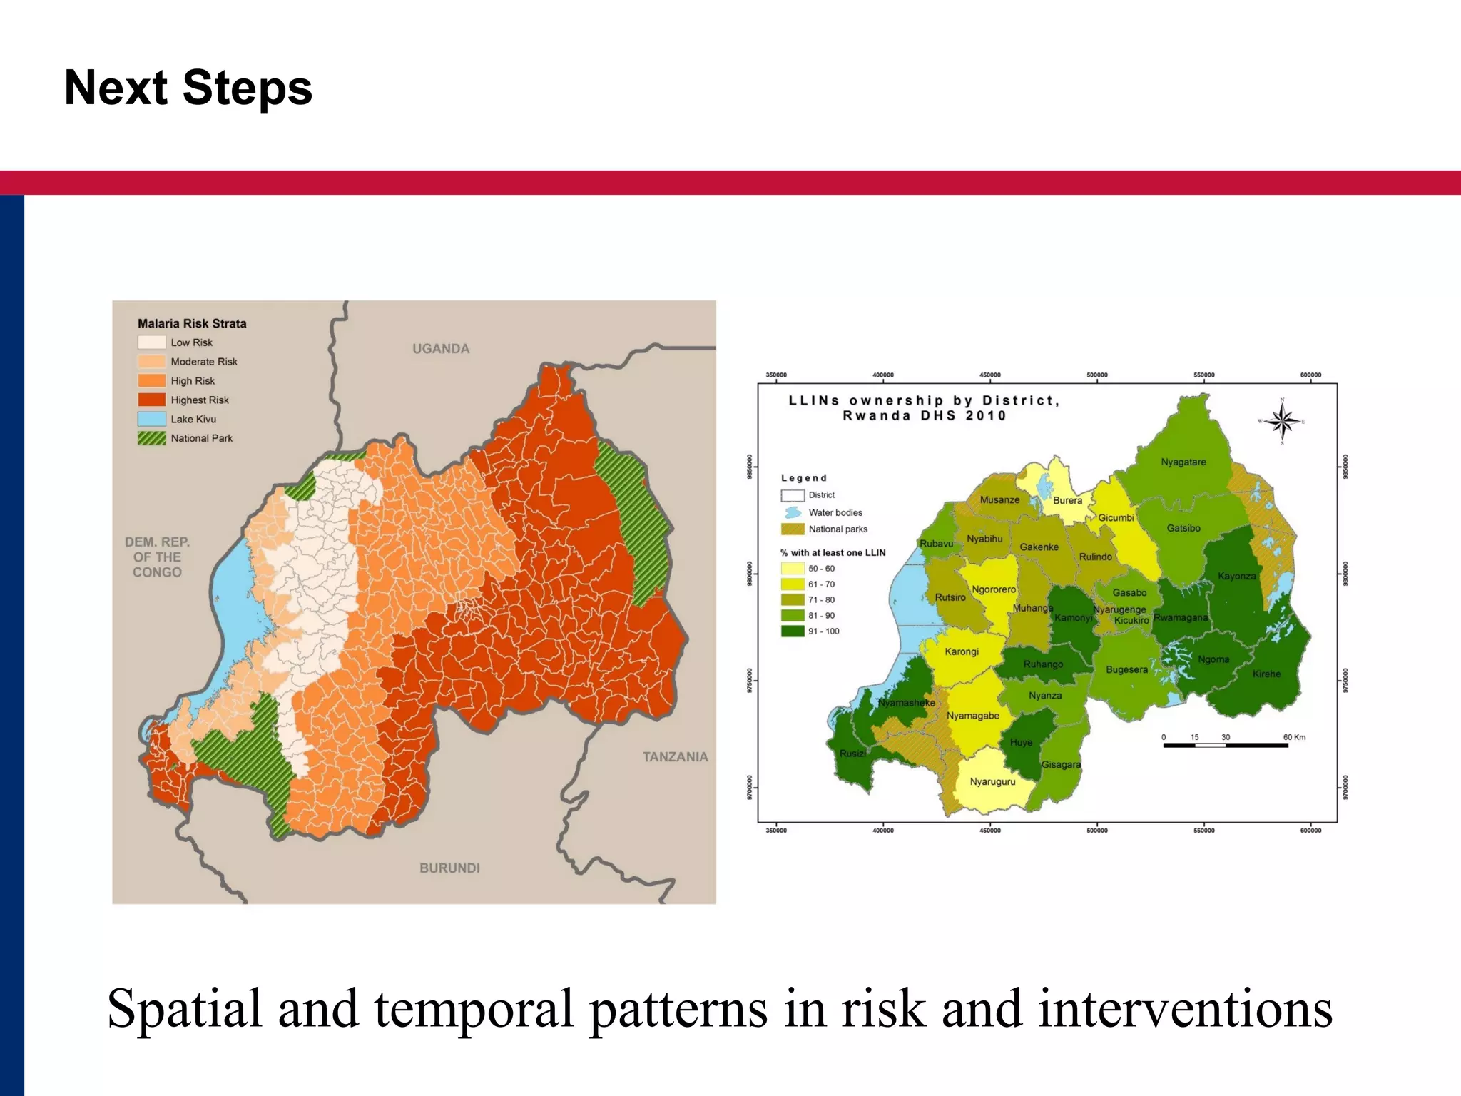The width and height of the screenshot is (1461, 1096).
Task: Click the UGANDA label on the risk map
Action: (441, 349)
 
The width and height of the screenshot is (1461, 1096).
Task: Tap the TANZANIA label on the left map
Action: (675, 757)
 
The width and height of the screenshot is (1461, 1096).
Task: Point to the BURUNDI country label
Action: (449, 868)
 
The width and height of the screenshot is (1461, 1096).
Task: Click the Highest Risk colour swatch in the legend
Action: (152, 400)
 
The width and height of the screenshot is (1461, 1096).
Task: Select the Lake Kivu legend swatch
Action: (152, 420)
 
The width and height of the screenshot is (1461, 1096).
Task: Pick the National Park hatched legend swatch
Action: (152, 439)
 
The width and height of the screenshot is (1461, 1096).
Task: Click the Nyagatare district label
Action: (1183, 462)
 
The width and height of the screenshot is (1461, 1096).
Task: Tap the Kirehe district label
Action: (1266, 674)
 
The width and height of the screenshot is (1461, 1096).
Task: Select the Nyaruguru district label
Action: (992, 782)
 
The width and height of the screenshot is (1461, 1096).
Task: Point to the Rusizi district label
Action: (852, 753)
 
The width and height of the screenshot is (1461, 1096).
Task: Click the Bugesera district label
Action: (1126, 670)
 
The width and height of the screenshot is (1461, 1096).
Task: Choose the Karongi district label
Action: (962, 652)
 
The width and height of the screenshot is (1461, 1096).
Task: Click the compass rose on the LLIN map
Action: (1282, 422)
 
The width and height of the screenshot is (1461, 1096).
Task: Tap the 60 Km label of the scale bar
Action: (1294, 737)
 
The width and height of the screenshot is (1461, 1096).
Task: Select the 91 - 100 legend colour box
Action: (793, 631)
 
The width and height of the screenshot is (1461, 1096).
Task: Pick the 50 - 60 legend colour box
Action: (793, 569)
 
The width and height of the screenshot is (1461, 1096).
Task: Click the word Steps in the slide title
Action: (247, 88)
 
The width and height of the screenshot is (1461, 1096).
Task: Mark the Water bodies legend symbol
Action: (793, 513)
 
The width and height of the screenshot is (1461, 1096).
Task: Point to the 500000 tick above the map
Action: (1096, 375)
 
